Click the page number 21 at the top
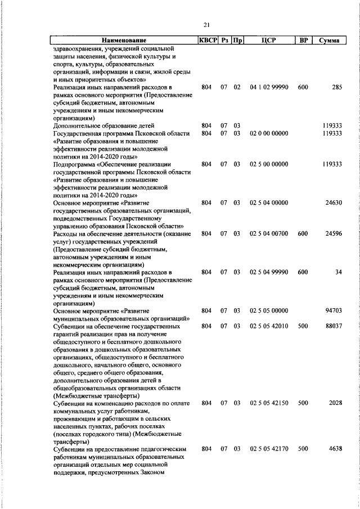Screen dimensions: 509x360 click(x=206, y=24)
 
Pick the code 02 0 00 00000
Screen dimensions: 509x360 click(x=268, y=133)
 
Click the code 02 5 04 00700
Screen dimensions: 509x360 click(x=268, y=233)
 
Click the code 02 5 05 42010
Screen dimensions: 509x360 click(x=268, y=326)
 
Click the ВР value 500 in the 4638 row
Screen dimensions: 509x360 click(x=303, y=449)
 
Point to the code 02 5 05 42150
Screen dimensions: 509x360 click(x=268, y=403)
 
